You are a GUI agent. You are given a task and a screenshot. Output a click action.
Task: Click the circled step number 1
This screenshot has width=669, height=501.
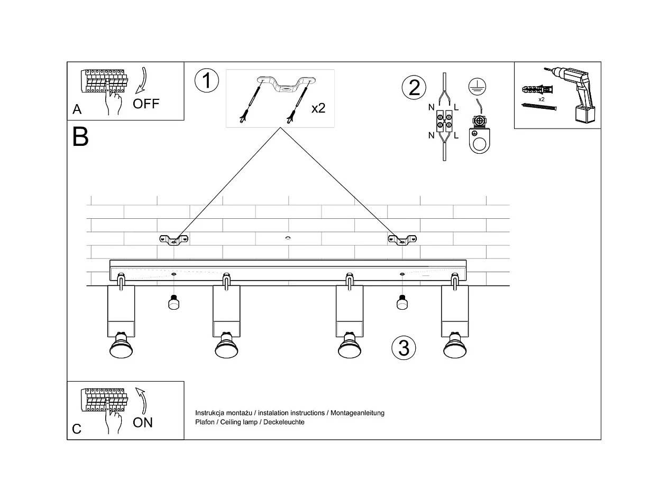coord(206,81)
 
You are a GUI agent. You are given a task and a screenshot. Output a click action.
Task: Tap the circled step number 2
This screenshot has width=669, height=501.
coord(414,87)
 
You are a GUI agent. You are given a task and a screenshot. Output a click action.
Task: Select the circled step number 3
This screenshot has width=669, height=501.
coord(404,348)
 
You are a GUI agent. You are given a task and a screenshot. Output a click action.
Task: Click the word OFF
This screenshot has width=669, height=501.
coord(146,104)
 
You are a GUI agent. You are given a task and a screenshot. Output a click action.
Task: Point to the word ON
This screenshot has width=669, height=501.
coord(143,422)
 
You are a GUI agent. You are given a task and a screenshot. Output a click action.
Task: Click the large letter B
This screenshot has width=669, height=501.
coord(80,137)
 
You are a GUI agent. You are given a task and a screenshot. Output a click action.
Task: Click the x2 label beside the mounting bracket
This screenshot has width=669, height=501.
coord(318,108)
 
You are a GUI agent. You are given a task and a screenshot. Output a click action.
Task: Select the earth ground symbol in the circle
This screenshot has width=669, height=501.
coord(477,87)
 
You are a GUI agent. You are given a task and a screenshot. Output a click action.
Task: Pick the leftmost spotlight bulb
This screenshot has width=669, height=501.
coord(121,346)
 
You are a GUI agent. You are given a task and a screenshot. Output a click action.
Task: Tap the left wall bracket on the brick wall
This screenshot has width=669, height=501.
coord(174,239)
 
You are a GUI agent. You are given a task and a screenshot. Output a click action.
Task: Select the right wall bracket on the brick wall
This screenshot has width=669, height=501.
coord(402,239)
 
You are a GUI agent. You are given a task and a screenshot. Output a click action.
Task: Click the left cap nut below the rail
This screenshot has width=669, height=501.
coord(173,303)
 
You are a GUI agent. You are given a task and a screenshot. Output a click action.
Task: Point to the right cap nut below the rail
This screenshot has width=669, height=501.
coord(402,303)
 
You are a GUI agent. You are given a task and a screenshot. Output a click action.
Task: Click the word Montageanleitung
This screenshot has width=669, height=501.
coord(358,413)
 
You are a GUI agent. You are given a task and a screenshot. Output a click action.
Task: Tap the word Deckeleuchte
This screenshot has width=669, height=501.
coord(284,422)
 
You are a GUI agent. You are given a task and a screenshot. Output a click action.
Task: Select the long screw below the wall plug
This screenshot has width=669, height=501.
coord(539,107)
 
